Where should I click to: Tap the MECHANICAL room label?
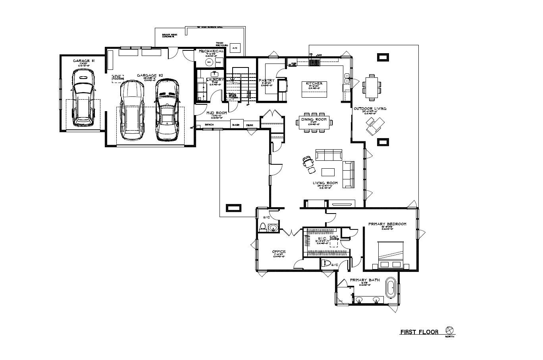coord(211,51)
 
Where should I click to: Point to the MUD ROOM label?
coord(217,113)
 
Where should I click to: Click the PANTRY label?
coord(267,81)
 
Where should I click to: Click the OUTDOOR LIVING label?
coord(370,108)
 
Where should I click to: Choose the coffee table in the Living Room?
coord(328,172)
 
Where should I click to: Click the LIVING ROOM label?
coord(325,183)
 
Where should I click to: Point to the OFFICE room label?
coord(279,252)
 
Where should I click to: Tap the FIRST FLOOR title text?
coord(419,332)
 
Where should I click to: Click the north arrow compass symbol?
coord(450,330)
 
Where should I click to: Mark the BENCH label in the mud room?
coord(209,125)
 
